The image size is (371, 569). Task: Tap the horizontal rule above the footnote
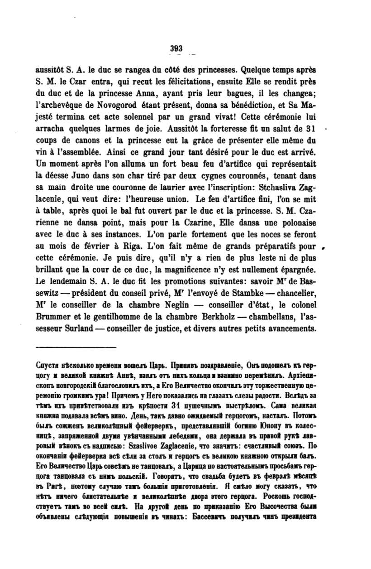pos(76,347)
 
